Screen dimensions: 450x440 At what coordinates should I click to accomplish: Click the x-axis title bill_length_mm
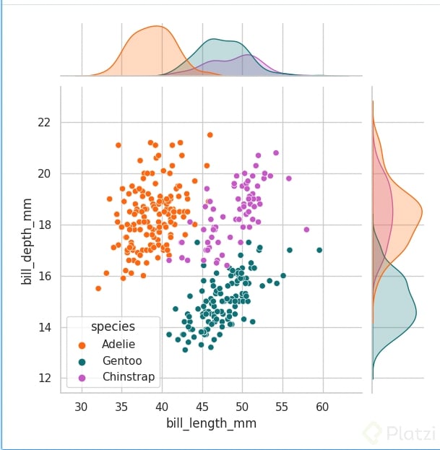coord(211,423)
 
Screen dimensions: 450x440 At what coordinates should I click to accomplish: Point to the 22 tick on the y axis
coord(45,122)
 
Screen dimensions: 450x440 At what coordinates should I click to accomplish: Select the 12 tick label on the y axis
coord(45,378)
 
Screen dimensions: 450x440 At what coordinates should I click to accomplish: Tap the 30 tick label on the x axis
coord(81,406)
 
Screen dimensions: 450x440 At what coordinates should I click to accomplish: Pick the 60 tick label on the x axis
coord(322,406)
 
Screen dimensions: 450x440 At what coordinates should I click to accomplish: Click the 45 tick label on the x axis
coord(202,406)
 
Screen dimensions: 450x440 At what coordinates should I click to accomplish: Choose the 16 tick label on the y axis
coord(45,276)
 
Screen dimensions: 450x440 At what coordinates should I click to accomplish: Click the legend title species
coord(113,326)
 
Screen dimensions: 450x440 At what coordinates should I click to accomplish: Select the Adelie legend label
coord(118,345)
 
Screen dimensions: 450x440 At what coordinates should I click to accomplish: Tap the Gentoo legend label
coord(121,360)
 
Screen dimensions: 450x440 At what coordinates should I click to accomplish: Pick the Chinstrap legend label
coord(129,377)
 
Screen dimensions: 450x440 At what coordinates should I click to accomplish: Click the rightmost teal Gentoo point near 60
coord(319,251)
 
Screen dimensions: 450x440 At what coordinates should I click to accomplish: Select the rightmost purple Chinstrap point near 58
coord(306,230)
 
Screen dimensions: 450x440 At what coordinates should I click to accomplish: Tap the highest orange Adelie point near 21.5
coord(210,134)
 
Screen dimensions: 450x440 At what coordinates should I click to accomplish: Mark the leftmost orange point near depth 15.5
coord(98,288)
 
